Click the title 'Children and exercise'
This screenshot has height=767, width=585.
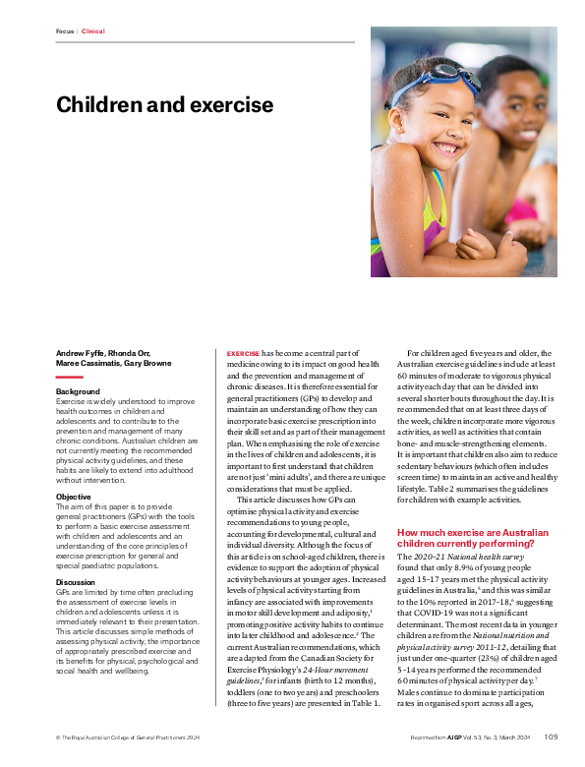tap(164, 104)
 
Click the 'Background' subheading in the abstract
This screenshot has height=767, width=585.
tap(78, 391)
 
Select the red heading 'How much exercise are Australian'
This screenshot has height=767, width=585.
tap(466, 532)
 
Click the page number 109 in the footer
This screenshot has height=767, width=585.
tap(552, 737)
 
